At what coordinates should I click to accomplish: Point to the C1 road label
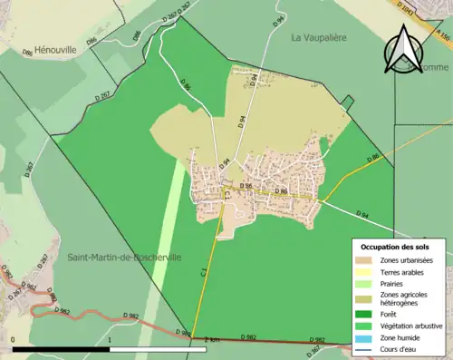(x=205, y=269)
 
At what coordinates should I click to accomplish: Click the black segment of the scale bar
(x=62, y=348)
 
